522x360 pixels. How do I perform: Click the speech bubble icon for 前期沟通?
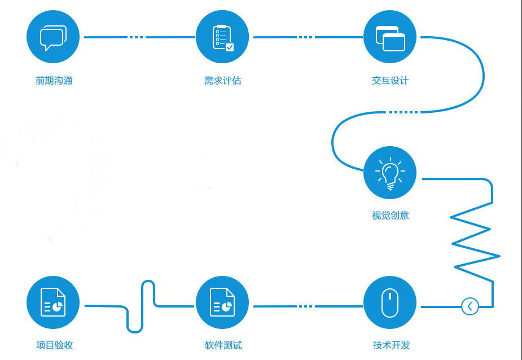coord(53,37)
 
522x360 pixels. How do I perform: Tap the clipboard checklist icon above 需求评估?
coord(222,37)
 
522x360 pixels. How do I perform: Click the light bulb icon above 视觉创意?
coord(390,173)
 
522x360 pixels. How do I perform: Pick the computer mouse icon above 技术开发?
coord(390,302)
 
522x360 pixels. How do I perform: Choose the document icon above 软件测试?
coord(222,302)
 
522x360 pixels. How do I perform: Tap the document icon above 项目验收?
coord(53,302)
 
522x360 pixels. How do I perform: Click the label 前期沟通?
coord(54,81)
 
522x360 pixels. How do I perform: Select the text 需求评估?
coord(223,81)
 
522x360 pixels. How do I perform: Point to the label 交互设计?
coord(390,81)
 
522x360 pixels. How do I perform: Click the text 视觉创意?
coord(390,216)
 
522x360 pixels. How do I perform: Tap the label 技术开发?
coord(391,345)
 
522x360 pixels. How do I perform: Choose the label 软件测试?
coord(223,345)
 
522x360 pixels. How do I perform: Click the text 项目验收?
coord(55,345)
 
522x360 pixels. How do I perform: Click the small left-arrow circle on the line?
coord(470,306)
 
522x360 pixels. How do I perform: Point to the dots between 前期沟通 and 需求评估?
coord(137,37)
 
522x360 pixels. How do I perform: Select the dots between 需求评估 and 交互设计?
coord(306,37)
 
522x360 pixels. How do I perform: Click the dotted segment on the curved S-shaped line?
coord(403,112)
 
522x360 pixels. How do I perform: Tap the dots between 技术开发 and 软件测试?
coord(306,306)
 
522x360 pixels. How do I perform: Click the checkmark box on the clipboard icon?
coord(230,47)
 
